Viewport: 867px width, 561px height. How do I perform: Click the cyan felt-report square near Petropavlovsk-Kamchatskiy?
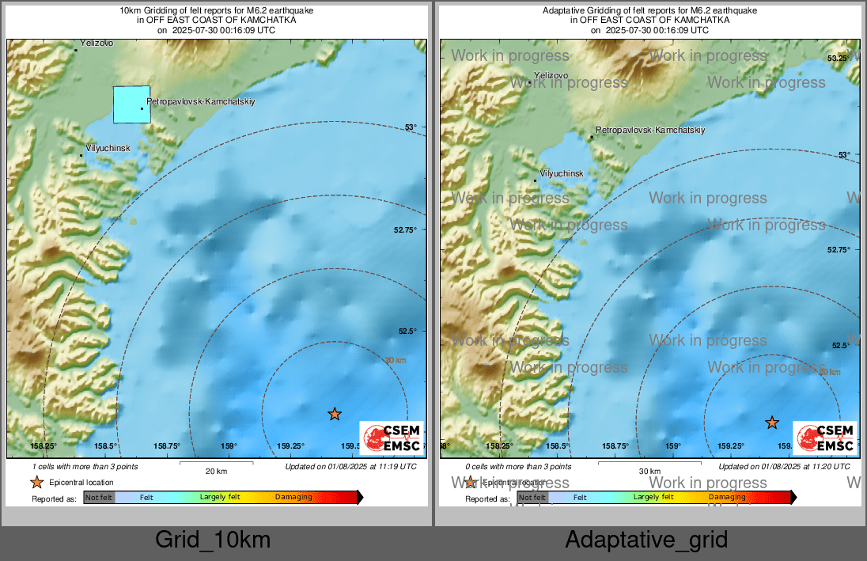pyautogui.click(x=131, y=104)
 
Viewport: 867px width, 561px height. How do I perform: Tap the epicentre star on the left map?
pyautogui.click(x=335, y=414)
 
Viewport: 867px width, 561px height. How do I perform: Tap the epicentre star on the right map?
pyautogui.click(x=772, y=423)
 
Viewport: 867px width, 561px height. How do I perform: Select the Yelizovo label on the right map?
pyautogui.click(x=551, y=75)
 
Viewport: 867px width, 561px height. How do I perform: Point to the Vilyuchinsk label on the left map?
pyautogui.click(x=108, y=148)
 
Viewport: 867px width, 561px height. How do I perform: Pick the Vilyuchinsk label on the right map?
pyautogui.click(x=561, y=173)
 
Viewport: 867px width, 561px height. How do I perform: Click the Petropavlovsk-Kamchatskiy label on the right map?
pyautogui.click(x=649, y=130)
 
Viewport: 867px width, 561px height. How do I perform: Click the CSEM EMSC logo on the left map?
pyautogui.click(x=392, y=438)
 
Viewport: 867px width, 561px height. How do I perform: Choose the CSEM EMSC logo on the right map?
pyautogui.click(x=825, y=438)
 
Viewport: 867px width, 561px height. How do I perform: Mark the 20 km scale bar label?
pyautogui.click(x=216, y=471)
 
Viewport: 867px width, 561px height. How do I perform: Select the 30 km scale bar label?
pyautogui.click(x=649, y=472)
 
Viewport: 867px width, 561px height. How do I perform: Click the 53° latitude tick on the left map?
pyautogui.click(x=411, y=127)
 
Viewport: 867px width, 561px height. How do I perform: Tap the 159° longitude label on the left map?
pyautogui.click(x=229, y=446)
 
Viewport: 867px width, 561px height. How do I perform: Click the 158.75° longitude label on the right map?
pyautogui.click(x=615, y=446)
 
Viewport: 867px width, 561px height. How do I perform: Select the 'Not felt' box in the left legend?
pyautogui.click(x=99, y=498)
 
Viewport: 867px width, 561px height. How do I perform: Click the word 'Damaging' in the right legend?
pyautogui.click(x=727, y=498)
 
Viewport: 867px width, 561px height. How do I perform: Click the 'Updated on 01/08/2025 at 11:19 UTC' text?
pyautogui.click(x=350, y=467)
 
